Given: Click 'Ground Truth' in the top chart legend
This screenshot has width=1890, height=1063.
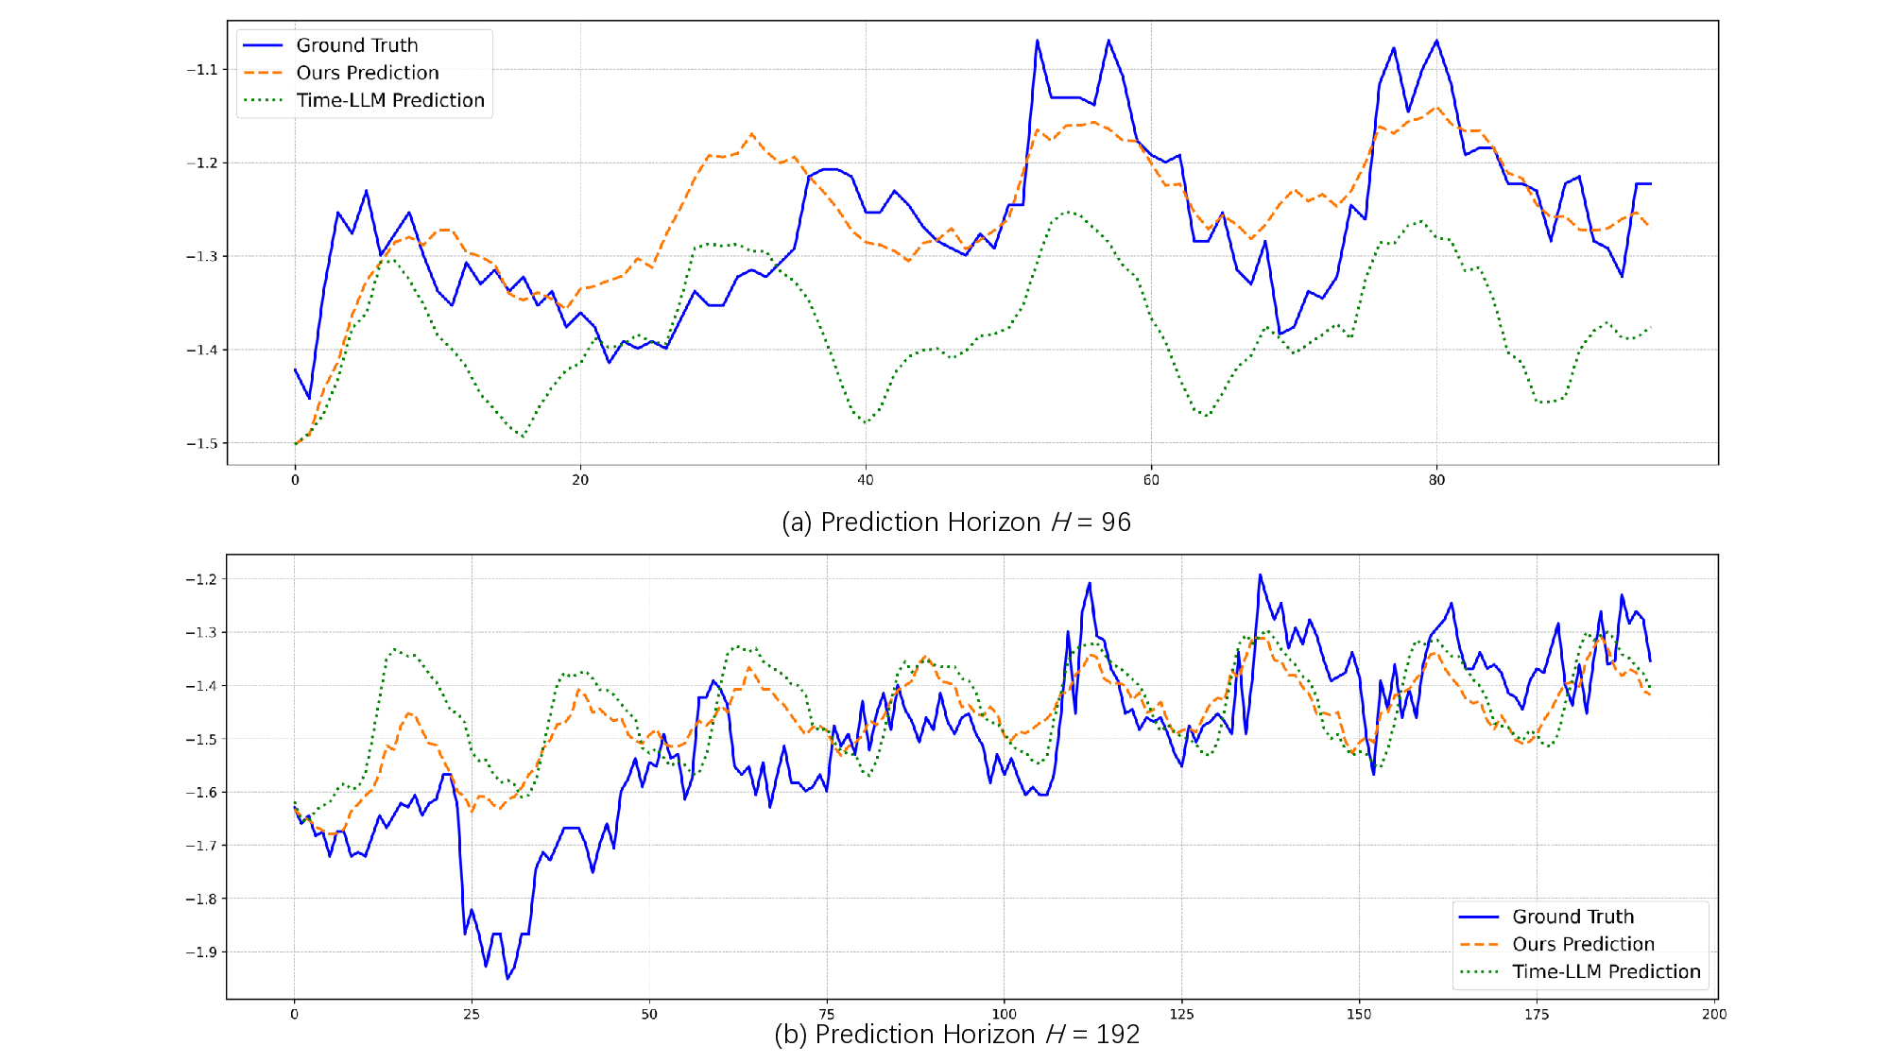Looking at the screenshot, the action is [356, 45].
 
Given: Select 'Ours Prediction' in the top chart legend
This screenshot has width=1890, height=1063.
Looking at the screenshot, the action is [367, 73].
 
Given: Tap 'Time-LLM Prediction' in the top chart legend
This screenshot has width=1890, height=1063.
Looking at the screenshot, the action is [389, 100].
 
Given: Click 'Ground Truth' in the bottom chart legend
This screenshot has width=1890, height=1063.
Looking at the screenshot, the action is [1572, 917].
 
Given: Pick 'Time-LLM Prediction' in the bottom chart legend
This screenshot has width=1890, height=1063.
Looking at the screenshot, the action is [1606, 971].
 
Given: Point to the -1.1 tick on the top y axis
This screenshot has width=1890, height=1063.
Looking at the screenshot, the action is [202, 70].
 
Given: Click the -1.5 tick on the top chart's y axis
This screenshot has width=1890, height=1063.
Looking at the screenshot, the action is [202, 443].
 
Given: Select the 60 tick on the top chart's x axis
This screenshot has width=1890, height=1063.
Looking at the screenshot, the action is [1151, 480].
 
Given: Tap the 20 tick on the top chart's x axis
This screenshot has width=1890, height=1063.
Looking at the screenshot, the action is [580, 480].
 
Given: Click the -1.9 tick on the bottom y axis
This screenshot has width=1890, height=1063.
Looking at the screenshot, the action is [202, 952].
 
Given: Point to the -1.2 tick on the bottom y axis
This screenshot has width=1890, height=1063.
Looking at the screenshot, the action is [202, 579].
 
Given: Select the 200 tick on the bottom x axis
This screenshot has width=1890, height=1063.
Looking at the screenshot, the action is [1714, 1014].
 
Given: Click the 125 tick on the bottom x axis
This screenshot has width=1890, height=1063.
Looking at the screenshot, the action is [1181, 1014].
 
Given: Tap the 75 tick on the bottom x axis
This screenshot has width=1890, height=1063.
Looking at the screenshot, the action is [827, 1014].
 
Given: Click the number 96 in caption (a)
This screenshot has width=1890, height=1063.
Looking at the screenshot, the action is [1116, 523].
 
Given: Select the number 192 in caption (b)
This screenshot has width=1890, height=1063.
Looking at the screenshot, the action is [1118, 1035].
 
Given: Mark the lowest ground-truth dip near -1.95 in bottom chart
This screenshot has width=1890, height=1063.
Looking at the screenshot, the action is [507, 978].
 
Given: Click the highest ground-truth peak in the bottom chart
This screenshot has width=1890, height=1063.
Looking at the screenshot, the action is [1260, 574].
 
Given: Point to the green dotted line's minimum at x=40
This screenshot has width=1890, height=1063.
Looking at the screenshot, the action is [866, 422].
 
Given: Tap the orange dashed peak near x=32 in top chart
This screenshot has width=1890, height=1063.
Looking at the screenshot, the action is [752, 134].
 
